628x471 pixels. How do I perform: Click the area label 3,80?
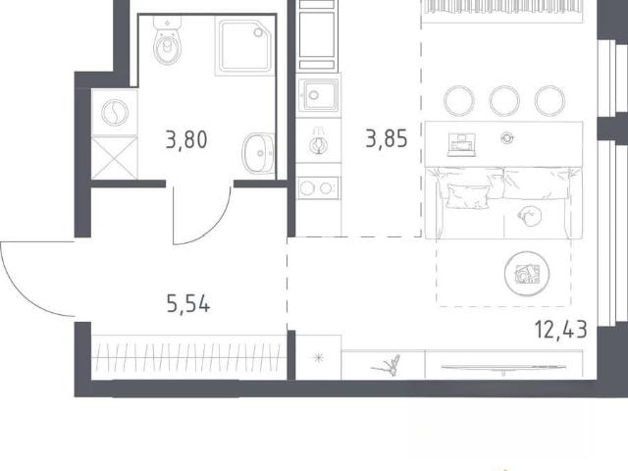click(x=186, y=140)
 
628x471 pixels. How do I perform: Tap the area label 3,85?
click(x=387, y=138)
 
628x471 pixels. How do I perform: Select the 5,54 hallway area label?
click(x=188, y=304)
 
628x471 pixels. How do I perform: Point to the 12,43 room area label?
click(x=560, y=330)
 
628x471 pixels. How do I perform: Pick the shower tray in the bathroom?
click(x=244, y=46)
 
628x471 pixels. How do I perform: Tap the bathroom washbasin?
click(x=258, y=153)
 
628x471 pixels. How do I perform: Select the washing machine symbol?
click(x=115, y=113)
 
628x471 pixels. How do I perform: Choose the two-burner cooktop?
click(x=318, y=187)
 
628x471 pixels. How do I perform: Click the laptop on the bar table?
click(x=462, y=145)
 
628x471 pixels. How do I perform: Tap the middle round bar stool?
click(x=504, y=101)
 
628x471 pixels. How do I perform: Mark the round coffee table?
click(x=527, y=274)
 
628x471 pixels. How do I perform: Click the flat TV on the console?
click(x=503, y=367)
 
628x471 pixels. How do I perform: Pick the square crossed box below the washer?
click(x=115, y=158)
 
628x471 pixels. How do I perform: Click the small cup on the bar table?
click(x=507, y=138)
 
